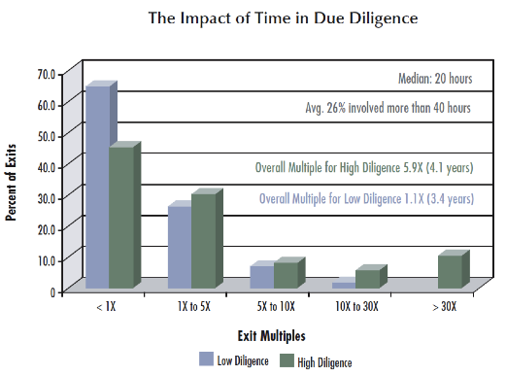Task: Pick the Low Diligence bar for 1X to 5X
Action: click(x=180, y=247)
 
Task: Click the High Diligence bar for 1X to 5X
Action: click(x=204, y=241)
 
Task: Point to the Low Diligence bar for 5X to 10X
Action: click(x=261, y=277)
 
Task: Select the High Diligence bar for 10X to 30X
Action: click(x=368, y=279)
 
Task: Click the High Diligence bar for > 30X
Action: click(x=450, y=271)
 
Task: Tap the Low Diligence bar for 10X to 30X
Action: click(x=344, y=285)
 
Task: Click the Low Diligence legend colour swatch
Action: click(x=206, y=359)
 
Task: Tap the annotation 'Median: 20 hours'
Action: click(x=435, y=79)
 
